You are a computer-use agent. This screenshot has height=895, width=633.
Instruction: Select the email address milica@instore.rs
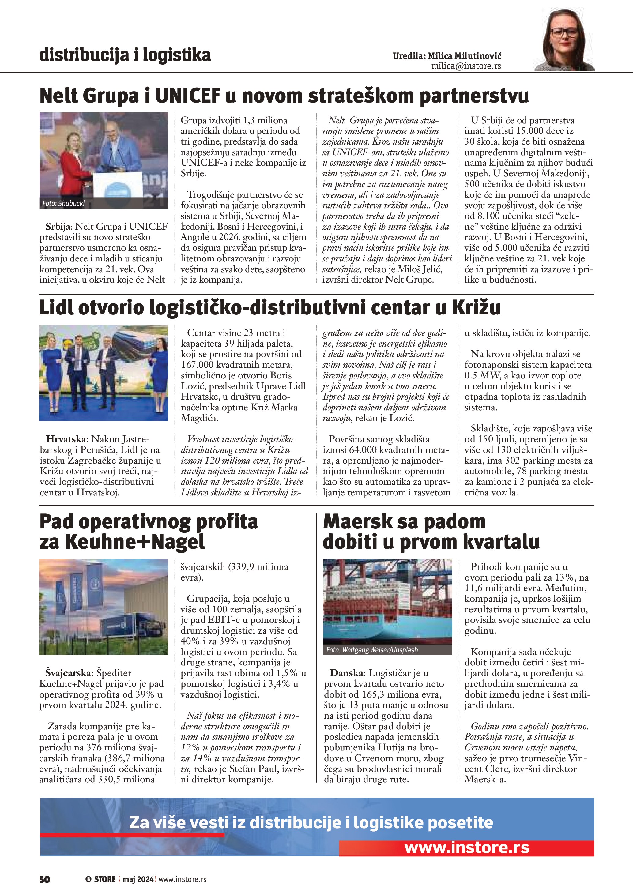click(x=466, y=66)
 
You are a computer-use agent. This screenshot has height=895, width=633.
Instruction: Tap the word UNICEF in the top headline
click(x=188, y=96)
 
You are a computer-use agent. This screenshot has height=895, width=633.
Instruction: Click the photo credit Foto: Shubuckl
click(x=63, y=204)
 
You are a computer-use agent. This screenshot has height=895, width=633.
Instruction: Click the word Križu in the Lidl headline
click(x=476, y=308)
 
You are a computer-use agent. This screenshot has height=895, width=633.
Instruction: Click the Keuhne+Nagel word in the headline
click(x=134, y=542)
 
